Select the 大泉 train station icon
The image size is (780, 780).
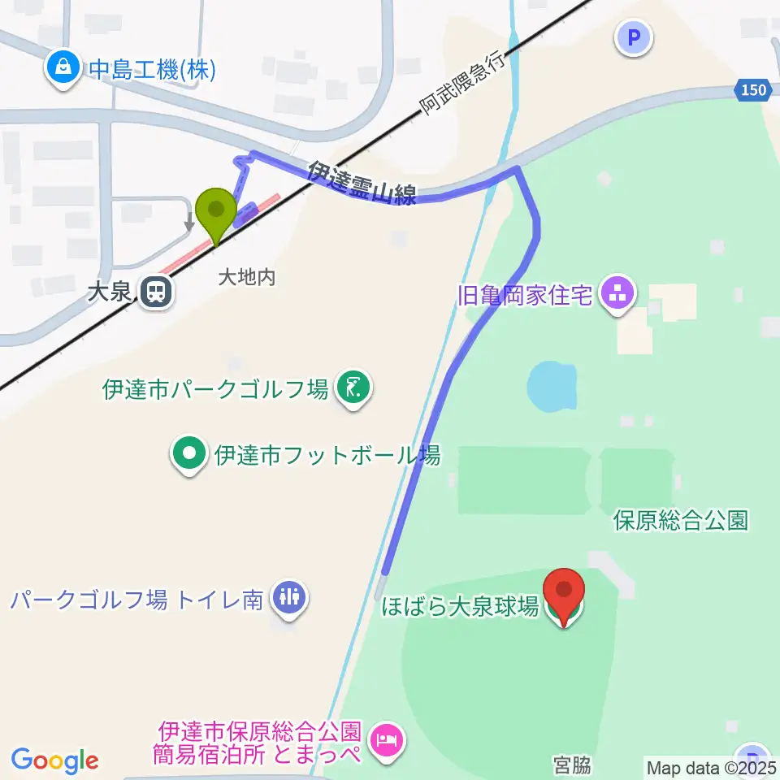[x=154, y=292]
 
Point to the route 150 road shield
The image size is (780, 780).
[x=753, y=90]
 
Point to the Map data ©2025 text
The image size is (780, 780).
[x=712, y=767]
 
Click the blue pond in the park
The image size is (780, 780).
[x=553, y=386]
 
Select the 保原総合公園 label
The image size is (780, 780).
[x=681, y=520]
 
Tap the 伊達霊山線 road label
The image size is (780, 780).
[x=362, y=183]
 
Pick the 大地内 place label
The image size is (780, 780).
[x=247, y=277]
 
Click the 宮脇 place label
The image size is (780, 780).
[x=572, y=765]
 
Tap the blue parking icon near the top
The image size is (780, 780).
[x=635, y=37]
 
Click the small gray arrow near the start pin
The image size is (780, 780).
[x=190, y=221]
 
